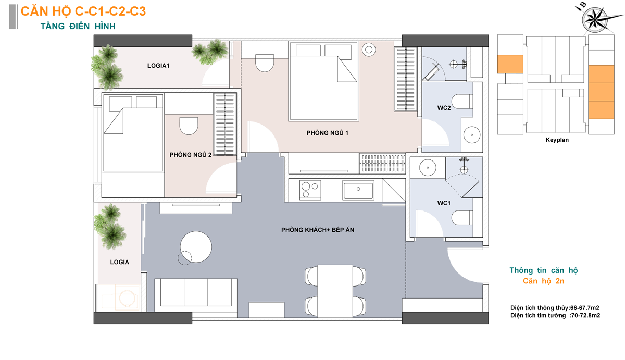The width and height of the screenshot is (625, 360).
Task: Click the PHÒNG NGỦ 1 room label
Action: tap(327, 133)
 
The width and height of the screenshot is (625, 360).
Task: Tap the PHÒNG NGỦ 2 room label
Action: tap(191, 155)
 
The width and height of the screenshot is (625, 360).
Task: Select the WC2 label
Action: tap(444, 108)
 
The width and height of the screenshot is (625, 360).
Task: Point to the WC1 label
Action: tap(444, 203)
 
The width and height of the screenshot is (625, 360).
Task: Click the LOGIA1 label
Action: tap(158, 66)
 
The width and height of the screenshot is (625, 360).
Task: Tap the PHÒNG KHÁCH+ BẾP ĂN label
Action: tap(318, 230)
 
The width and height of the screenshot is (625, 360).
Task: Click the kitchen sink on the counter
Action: tap(358, 191)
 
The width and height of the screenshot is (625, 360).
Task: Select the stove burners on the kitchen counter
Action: tap(310, 190)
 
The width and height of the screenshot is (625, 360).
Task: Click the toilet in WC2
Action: tap(463, 102)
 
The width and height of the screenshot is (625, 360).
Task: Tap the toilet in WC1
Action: tap(463, 218)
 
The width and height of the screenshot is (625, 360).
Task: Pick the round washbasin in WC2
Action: tap(472, 135)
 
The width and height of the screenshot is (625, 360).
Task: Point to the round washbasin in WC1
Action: tap(428, 168)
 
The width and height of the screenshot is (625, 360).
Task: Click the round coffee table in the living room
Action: tap(196, 247)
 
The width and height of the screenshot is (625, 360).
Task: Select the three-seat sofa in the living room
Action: tap(196, 292)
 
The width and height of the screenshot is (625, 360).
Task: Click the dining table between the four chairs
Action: tap(335, 291)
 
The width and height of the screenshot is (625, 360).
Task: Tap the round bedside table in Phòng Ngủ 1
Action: tap(369, 49)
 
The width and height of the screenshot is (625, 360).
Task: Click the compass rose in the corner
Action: tap(596, 19)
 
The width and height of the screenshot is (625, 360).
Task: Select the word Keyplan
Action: tap(557, 140)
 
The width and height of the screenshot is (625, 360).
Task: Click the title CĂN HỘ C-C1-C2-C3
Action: tap(83, 11)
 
